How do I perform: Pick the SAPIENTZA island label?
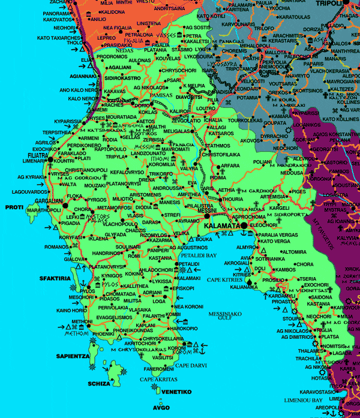[x=73, y=356]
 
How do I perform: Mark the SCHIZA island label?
[x=100, y=384]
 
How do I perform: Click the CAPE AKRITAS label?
[x=157, y=379]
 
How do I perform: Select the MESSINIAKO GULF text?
[x=226, y=315]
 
